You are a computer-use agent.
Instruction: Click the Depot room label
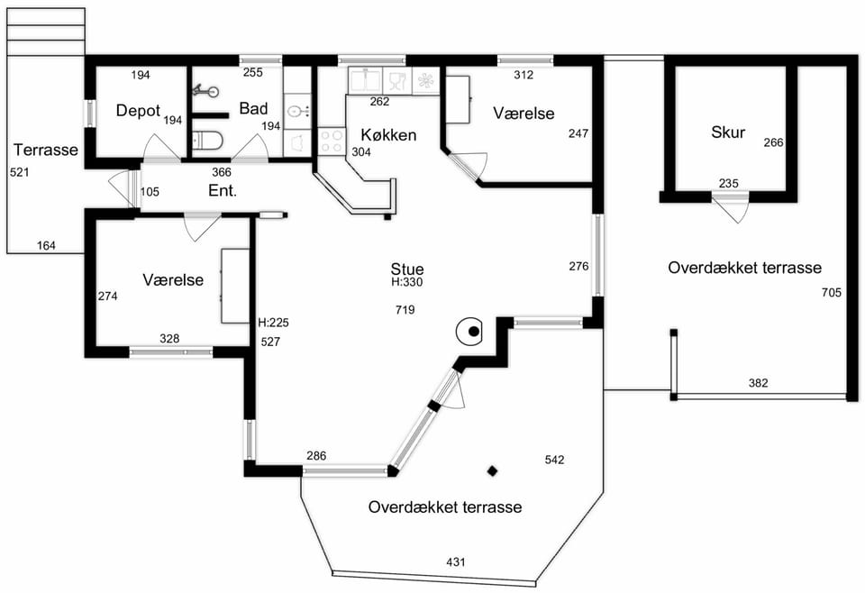138,111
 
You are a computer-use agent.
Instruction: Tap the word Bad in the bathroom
253,109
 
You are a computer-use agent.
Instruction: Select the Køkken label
388,135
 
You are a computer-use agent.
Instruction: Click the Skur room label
728,132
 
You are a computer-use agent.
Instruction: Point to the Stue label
407,269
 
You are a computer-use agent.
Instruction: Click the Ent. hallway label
223,191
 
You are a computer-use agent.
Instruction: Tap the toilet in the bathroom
207,140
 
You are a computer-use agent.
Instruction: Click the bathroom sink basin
296,112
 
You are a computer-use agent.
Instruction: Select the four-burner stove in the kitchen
332,141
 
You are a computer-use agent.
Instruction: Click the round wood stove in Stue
469,332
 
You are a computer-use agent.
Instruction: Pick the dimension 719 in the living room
405,310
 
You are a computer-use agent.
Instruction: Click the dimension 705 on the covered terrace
832,292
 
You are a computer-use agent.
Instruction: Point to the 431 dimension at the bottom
456,562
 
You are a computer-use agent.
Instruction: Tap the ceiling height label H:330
407,282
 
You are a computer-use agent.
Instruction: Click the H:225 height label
274,323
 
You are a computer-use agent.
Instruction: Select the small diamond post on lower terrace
492,471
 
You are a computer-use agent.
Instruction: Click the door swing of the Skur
730,207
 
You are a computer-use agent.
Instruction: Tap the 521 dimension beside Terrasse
19,173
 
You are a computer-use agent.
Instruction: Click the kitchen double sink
365,80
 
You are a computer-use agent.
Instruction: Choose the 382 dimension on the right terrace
758,383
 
